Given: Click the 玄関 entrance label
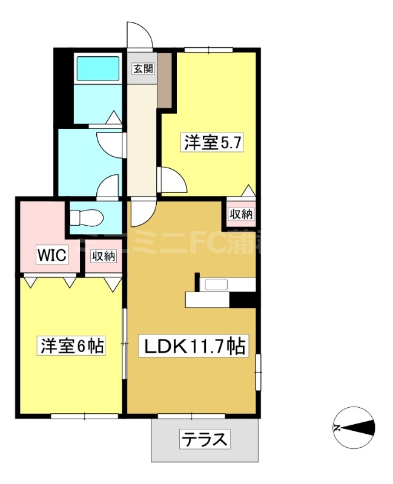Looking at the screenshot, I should coord(143,68).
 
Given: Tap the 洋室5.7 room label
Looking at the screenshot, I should coord(214,143).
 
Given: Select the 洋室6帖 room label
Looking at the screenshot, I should coord(72,346).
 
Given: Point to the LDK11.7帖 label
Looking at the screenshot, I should coord(193,347).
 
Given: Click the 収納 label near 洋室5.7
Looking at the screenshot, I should coord(241,214).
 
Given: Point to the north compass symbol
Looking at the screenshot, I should coord(354,428).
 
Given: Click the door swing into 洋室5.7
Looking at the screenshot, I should coord(170,178).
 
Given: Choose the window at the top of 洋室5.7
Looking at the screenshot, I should coord(208,49).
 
